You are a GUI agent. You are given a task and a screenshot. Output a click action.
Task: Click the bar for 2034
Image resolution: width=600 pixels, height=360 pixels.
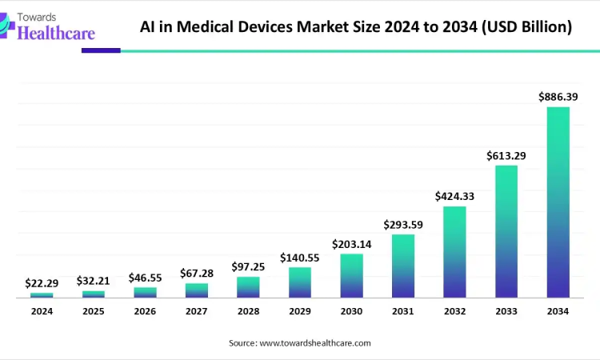(x=558, y=202)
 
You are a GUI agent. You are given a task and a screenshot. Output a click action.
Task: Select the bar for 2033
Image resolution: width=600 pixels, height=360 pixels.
(x=506, y=232)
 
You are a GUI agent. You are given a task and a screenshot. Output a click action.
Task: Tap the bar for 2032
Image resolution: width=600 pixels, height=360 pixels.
(x=454, y=252)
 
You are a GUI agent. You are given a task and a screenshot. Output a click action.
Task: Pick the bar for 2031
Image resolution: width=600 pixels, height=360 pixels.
(x=403, y=266)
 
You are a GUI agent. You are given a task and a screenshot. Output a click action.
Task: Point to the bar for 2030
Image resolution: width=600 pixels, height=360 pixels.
(x=351, y=276)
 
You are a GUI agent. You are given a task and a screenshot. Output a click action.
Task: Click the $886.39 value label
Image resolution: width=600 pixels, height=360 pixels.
(x=558, y=97)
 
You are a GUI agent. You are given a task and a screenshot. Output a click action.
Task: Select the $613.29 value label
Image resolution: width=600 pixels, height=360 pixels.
(x=506, y=155)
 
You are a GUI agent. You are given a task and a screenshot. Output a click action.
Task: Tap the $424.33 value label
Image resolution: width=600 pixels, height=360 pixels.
(x=454, y=196)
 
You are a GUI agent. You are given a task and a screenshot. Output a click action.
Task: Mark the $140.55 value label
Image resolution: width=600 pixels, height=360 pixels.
(x=299, y=258)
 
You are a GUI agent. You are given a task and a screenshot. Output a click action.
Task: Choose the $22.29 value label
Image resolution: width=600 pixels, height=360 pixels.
(x=42, y=283)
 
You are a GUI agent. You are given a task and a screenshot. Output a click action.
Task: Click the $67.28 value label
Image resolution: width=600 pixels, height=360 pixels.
(x=196, y=274)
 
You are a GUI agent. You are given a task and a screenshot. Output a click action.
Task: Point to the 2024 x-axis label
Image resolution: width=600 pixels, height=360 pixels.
(x=42, y=311)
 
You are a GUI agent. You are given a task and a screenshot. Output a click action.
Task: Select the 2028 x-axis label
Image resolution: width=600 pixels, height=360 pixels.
(x=248, y=311)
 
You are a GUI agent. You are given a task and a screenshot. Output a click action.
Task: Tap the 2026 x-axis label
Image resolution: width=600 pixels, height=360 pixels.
(x=145, y=311)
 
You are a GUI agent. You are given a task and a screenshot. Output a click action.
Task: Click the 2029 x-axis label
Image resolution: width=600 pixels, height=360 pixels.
(x=299, y=311)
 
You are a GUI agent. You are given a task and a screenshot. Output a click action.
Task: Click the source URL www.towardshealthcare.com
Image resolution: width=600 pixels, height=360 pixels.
(x=315, y=342)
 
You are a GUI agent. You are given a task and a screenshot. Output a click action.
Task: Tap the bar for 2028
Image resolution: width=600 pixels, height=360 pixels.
(x=248, y=287)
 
